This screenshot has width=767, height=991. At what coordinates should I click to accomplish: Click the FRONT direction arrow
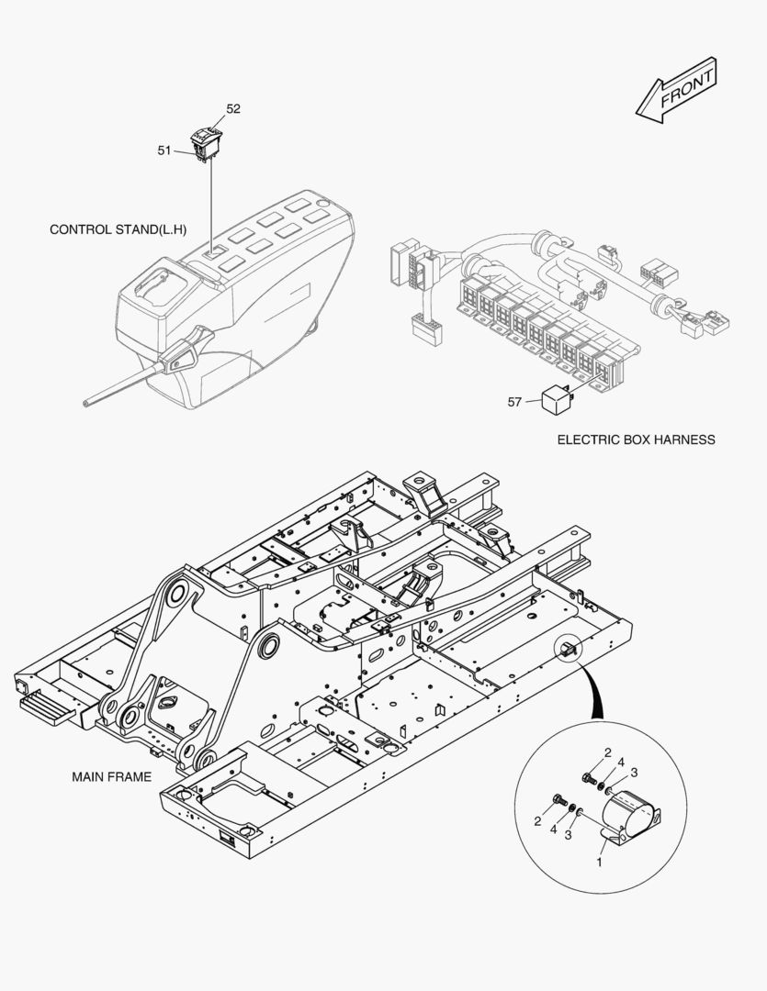(x=676, y=90)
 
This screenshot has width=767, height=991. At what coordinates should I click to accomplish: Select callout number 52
(x=233, y=108)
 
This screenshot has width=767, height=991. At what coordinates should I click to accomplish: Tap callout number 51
(x=164, y=150)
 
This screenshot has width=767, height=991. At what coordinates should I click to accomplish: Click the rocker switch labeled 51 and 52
(x=205, y=143)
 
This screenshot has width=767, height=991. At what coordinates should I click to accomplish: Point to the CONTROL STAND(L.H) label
(x=118, y=229)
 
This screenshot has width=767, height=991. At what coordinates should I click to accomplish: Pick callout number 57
(x=514, y=401)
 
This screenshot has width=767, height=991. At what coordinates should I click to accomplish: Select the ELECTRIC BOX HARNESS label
(x=636, y=440)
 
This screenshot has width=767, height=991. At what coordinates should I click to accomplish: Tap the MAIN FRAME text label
(x=111, y=776)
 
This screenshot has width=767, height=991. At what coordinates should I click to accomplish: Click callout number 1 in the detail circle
(x=600, y=862)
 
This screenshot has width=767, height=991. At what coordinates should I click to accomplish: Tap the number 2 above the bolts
(x=607, y=753)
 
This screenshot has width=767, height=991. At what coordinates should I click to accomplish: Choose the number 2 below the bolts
(x=538, y=821)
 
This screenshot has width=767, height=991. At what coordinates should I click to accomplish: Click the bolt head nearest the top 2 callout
(x=588, y=778)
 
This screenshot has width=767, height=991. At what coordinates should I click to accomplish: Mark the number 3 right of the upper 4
(x=634, y=772)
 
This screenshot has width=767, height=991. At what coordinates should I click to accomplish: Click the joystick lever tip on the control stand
(x=88, y=401)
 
